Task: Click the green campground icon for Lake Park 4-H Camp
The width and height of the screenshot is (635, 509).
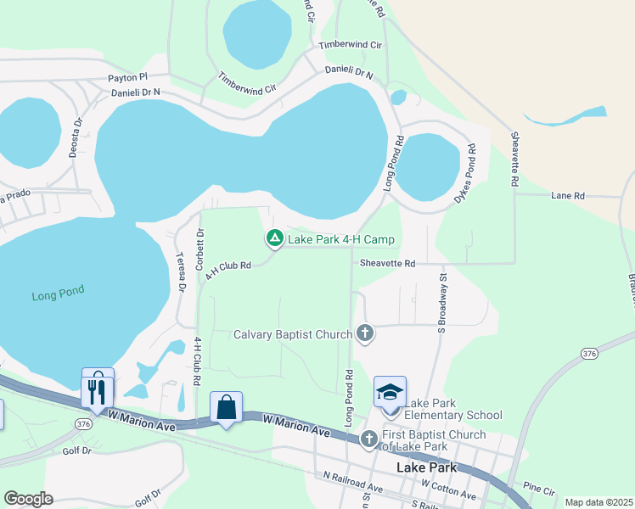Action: [274, 239]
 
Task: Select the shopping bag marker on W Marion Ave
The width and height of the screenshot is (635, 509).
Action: [226, 407]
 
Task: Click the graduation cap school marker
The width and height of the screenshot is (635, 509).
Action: [390, 392]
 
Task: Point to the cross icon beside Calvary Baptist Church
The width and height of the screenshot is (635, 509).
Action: [365, 333]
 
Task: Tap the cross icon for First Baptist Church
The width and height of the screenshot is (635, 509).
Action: [368, 439]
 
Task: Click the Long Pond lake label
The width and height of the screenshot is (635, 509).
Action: [59, 295]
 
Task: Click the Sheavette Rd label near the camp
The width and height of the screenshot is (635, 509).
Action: [386, 264]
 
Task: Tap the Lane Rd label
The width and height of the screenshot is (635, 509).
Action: [568, 196]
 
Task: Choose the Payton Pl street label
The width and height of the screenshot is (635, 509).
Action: [127, 77]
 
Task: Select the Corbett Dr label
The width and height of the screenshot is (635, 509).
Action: [200, 249]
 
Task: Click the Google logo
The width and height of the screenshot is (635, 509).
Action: [28, 499]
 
